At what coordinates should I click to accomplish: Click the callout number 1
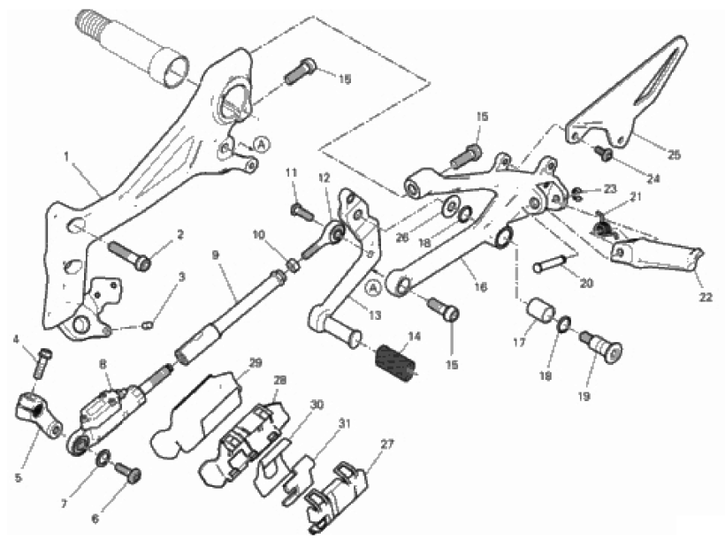[66, 156]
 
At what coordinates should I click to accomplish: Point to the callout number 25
[674, 156]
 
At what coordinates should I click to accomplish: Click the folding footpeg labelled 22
[659, 254]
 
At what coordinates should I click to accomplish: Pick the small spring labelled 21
[604, 228]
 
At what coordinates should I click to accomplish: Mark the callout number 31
[344, 423]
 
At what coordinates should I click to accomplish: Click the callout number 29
[256, 363]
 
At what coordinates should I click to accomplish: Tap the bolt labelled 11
[300, 211]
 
